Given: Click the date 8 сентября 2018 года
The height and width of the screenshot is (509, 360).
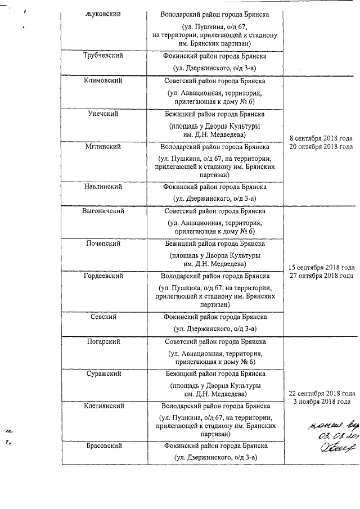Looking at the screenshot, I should point(321,138).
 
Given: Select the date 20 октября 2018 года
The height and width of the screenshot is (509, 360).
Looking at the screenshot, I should point(321,146).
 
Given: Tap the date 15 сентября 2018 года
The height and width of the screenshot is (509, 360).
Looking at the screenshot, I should point(321,267).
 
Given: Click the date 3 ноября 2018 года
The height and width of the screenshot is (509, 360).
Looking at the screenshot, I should point(322,402).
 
